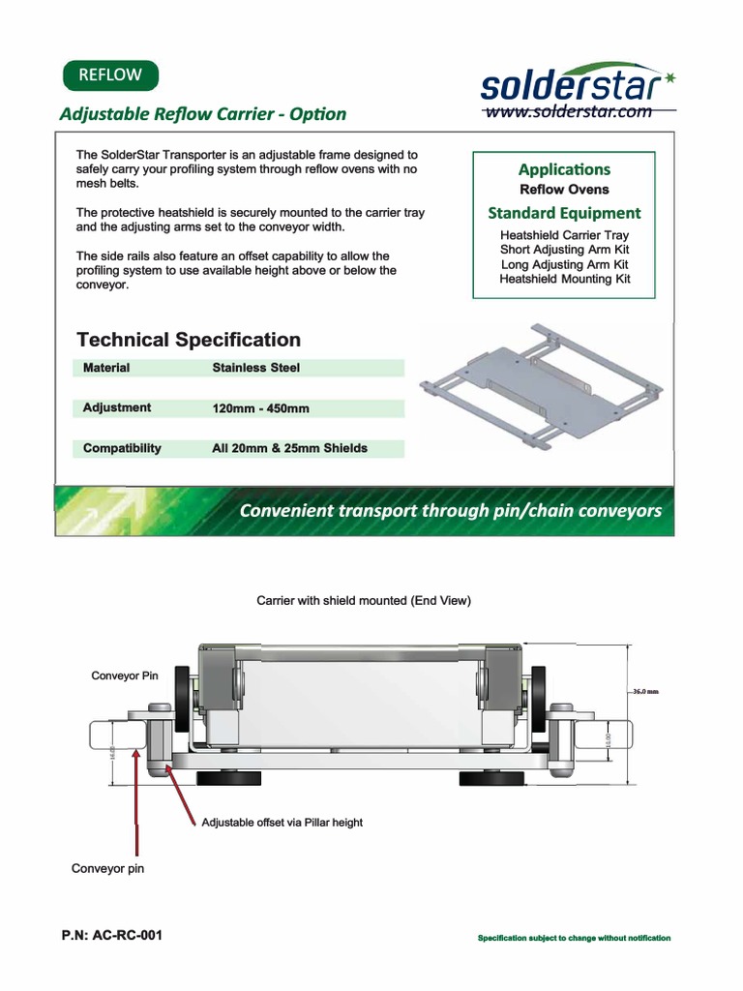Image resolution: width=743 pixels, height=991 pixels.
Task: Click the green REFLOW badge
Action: (x=109, y=75)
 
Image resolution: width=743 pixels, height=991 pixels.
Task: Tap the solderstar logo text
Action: (x=571, y=86)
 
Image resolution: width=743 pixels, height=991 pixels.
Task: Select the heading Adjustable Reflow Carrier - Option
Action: (x=202, y=113)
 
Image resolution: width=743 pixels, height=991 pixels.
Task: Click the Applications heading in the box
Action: (x=564, y=169)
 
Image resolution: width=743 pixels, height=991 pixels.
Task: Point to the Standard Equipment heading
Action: (x=564, y=213)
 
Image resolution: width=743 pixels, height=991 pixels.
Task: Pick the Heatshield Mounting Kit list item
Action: (x=564, y=279)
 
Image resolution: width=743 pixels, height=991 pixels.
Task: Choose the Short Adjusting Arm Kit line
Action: (x=564, y=250)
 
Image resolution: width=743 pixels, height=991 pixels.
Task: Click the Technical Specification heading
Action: (x=189, y=340)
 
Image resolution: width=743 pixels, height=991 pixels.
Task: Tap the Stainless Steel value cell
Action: (x=255, y=368)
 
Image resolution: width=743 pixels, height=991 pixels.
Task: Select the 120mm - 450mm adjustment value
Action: (x=260, y=408)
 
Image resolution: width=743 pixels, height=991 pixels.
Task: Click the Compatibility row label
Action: (x=122, y=448)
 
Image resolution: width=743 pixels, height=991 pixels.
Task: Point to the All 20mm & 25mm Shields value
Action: (x=289, y=448)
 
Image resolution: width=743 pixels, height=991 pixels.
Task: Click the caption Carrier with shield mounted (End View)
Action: (x=363, y=601)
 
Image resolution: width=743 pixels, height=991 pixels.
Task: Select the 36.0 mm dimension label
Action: (x=645, y=692)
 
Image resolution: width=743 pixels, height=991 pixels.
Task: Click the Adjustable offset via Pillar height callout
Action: (x=282, y=823)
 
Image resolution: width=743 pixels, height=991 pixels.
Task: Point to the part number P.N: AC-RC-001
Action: (x=112, y=936)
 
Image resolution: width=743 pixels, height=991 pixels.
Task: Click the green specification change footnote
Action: (x=575, y=938)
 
